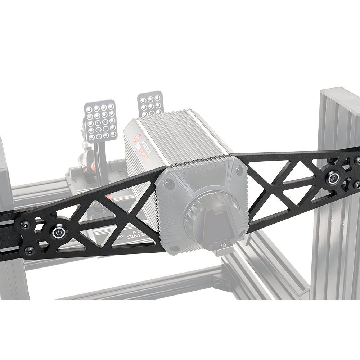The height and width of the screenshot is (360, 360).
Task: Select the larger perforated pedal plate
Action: point(100,121)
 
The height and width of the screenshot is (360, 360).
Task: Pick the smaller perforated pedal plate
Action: point(151,103)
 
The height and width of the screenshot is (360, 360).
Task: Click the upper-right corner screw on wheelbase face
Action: point(239,171)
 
